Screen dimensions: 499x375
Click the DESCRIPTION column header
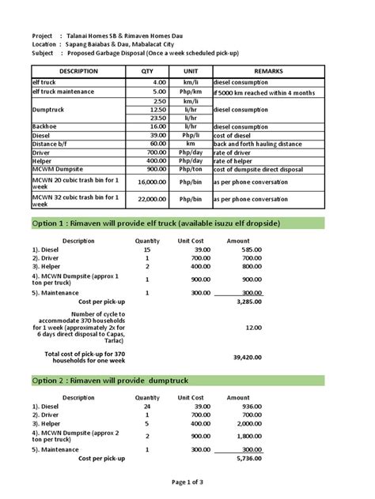(x=78, y=71)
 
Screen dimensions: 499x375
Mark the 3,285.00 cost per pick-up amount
(x=248, y=302)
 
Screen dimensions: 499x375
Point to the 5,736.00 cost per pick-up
(x=248, y=459)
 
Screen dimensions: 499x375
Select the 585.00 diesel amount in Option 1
(x=251, y=249)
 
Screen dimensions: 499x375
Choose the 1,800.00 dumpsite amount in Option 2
(x=247, y=435)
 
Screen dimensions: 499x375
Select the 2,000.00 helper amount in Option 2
(x=247, y=423)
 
